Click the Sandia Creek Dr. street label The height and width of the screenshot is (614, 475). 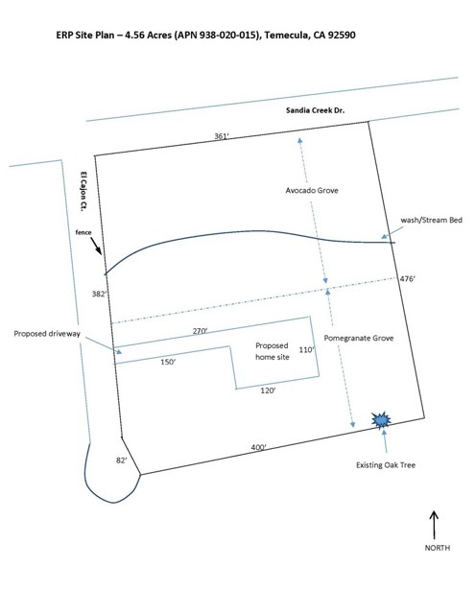(316, 110)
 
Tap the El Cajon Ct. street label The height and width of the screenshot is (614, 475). (83, 192)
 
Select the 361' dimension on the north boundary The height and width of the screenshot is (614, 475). (222, 136)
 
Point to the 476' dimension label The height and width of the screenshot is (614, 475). (407, 279)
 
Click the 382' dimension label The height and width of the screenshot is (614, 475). (99, 294)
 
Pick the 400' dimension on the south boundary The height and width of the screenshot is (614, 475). (258, 447)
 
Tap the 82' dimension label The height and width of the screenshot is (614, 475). (122, 460)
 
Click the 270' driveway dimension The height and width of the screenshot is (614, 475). (200, 331)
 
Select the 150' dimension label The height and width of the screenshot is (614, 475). (168, 362)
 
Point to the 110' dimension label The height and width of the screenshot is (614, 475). (307, 349)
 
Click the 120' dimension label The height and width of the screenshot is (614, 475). (268, 390)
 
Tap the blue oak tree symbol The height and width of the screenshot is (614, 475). (381, 420)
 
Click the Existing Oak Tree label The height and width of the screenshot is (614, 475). (386, 465)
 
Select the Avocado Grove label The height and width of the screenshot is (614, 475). (312, 190)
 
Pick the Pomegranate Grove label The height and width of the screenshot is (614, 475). (359, 338)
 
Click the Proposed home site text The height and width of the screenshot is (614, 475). (273, 351)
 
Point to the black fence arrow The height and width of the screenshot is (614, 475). (96, 246)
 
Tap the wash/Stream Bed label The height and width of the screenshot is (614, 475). (432, 220)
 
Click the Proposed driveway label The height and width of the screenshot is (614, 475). (47, 334)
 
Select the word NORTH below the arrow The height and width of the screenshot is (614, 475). (438, 548)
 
